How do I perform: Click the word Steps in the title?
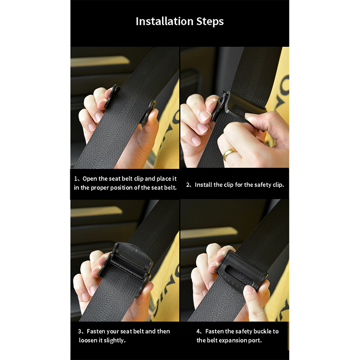(210, 22)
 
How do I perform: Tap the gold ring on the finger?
(229, 153)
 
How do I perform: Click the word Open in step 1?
(90, 179)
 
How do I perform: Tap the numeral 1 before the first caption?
(76, 179)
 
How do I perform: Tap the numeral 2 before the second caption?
(188, 185)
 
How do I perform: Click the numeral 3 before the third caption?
(80, 331)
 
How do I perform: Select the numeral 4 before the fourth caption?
(198, 331)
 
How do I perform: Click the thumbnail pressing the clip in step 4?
(248, 290)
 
